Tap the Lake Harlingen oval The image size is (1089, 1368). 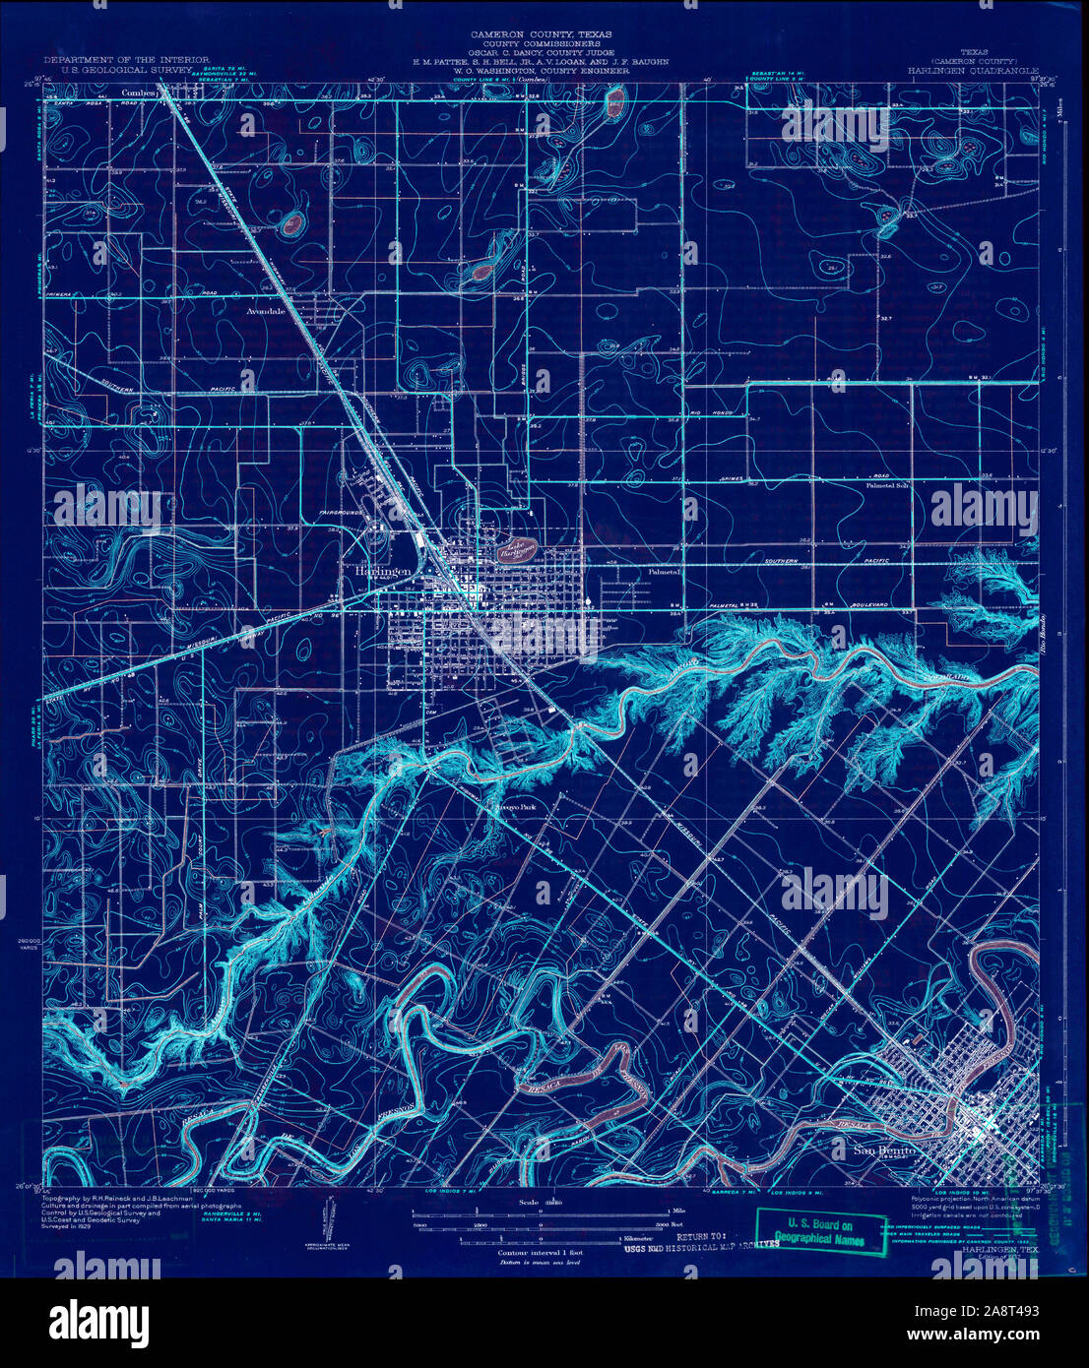click(x=514, y=547)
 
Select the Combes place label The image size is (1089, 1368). click(x=141, y=93)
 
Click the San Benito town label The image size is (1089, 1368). click(x=883, y=1150)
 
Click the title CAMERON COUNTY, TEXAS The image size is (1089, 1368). click(x=541, y=33)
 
